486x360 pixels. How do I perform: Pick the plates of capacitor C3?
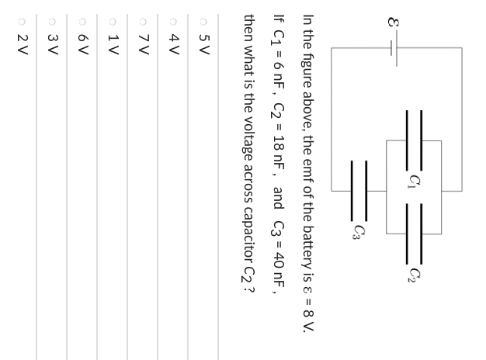point(359,191)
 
